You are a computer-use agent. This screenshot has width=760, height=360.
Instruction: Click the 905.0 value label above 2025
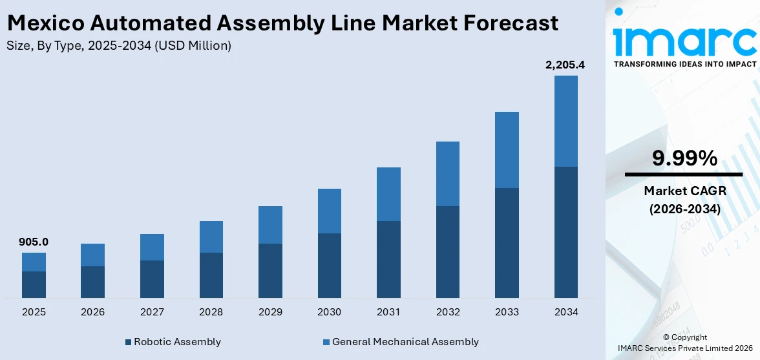(x=34, y=242)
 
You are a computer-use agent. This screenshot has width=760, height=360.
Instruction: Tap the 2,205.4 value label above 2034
(x=565, y=65)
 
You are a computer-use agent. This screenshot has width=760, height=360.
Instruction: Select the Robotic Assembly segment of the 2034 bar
(x=565, y=232)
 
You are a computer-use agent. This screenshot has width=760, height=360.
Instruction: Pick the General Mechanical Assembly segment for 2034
(x=565, y=121)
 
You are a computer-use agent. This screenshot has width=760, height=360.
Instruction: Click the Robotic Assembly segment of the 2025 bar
(x=34, y=284)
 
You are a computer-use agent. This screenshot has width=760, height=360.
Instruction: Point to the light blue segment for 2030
(x=329, y=211)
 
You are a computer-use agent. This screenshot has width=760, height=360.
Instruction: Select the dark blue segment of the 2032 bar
(x=447, y=252)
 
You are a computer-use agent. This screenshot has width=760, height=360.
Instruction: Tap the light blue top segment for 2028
(x=211, y=237)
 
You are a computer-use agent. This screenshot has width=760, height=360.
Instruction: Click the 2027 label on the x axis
(x=152, y=312)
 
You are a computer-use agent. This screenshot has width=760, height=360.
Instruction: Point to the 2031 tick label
(x=388, y=312)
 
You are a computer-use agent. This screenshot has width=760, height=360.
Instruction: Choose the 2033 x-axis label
(x=507, y=312)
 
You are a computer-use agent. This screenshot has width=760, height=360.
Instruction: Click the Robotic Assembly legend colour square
(x=129, y=342)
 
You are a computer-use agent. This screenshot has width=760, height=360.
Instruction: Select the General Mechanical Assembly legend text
(x=405, y=342)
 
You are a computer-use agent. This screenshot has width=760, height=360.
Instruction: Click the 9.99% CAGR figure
(x=684, y=158)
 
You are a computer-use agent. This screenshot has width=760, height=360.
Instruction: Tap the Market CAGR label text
(x=684, y=191)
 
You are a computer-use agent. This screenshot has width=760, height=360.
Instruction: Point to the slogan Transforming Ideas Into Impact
(x=684, y=64)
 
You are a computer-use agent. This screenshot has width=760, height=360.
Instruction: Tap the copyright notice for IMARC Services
(x=684, y=343)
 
